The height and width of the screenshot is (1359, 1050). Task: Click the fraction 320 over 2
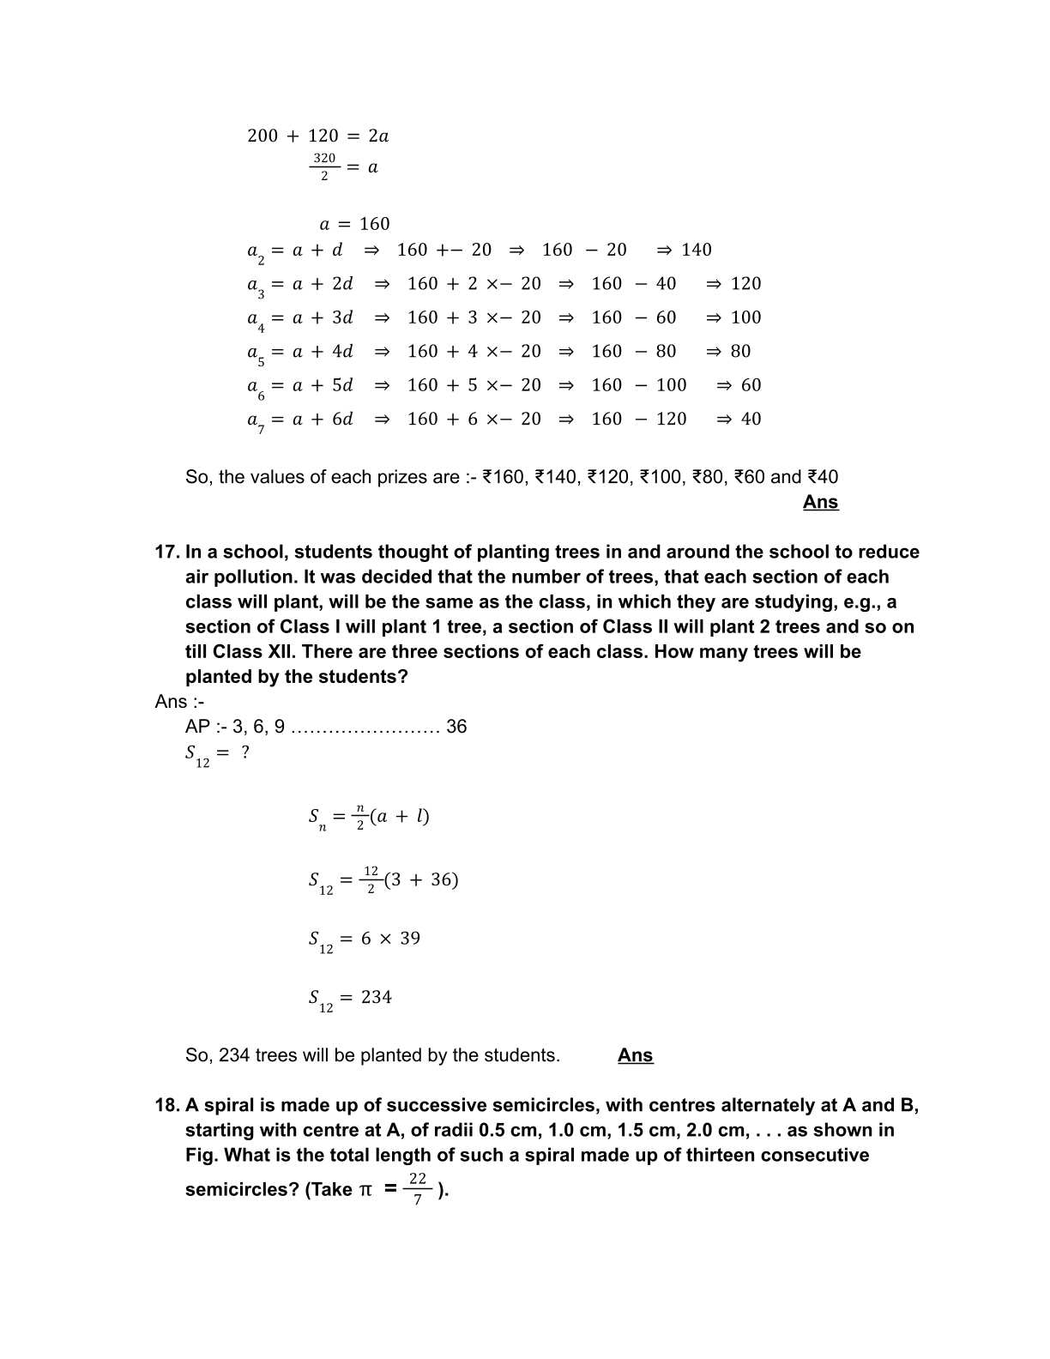(323, 166)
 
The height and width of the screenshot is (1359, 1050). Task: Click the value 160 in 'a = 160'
(374, 224)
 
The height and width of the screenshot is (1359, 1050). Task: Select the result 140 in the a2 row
(697, 250)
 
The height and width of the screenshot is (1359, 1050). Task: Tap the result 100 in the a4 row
(745, 317)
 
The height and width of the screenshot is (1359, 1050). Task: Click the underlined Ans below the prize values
(820, 502)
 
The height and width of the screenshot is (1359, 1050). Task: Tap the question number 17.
(166, 552)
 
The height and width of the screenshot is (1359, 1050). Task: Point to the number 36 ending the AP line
(456, 727)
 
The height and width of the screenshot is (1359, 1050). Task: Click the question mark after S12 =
(245, 752)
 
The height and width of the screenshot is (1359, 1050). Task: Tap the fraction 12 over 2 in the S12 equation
(371, 879)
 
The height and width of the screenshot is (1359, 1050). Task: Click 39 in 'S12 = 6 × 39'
(410, 939)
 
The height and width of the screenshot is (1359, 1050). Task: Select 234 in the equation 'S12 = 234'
(376, 997)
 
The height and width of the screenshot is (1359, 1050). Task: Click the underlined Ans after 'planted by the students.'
(635, 1055)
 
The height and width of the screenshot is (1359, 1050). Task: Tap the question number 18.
(166, 1105)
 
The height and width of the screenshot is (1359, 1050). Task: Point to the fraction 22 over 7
(418, 1189)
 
